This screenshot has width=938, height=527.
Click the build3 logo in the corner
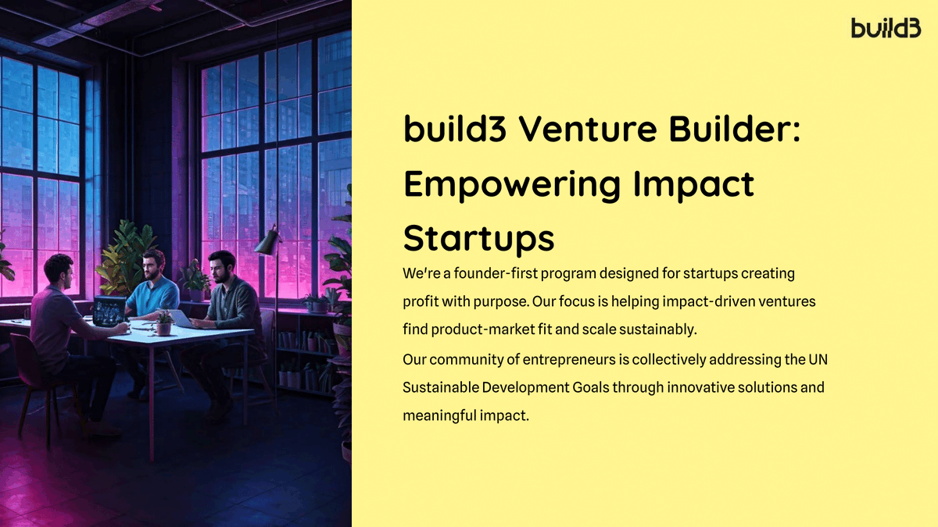point(886,29)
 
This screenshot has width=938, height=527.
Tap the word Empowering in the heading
point(513,184)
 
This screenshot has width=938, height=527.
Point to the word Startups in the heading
point(478,238)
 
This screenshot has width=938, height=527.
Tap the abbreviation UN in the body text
point(817,360)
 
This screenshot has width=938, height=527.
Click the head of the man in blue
point(154,263)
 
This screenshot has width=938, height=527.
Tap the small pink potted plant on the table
point(163,322)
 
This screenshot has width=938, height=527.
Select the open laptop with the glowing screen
point(109,311)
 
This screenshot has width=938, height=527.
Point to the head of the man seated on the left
point(58,269)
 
